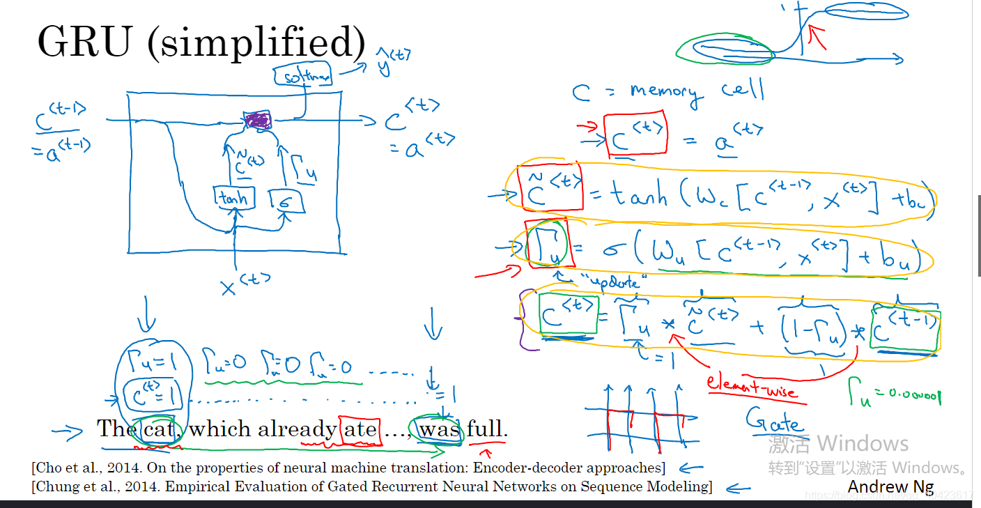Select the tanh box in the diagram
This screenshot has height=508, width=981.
pyautogui.click(x=234, y=199)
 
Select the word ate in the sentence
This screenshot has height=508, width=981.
pyautogui.click(x=360, y=429)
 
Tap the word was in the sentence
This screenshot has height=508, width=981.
pyautogui.click(x=439, y=429)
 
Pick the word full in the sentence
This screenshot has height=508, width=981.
pyautogui.click(x=486, y=429)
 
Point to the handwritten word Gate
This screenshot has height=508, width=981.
pyautogui.click(x=773, y=420)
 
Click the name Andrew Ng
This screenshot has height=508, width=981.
pyautogui.click(x=890, y=487)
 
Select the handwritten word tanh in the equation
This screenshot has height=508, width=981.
pyautogui.click(x=638, y=196)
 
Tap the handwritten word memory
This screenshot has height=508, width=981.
pyautogui.click(x=663, y=93)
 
